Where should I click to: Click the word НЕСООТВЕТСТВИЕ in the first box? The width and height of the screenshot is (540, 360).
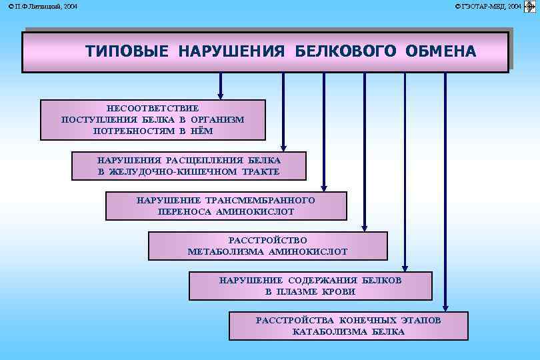(x=153, y=107)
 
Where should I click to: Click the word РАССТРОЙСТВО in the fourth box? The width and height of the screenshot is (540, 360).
(x=267, y=240)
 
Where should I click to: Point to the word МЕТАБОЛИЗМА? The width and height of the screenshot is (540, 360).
(x=227, y=251)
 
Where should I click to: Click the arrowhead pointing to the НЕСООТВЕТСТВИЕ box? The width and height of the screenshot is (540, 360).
(x=221, y=94)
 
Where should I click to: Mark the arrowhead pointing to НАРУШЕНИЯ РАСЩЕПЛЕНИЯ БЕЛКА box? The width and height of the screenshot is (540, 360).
(x=283, y=147)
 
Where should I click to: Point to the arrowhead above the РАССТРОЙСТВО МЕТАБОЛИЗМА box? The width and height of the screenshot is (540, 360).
(x=365, y=227)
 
